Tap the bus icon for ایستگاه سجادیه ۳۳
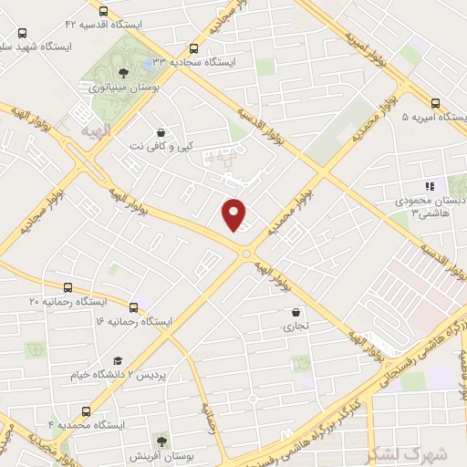192,49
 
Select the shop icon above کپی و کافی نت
161,131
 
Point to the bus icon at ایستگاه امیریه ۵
434,103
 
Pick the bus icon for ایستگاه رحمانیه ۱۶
135,307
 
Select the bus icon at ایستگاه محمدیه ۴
87,411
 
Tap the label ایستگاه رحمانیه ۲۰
68,300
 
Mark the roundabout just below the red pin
246,253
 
